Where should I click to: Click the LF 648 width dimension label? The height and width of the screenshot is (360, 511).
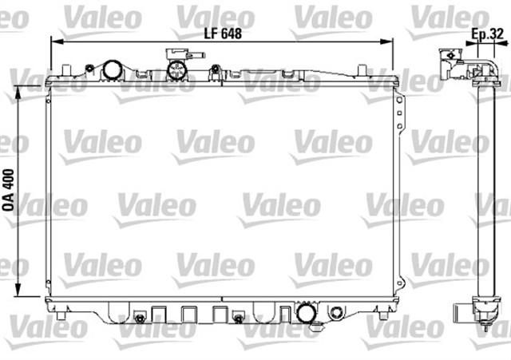click(x=222, y=33)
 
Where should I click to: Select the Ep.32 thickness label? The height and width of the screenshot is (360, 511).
click(x=487, y=34)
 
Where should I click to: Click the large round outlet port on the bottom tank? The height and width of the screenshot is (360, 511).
click(x=306, y=312)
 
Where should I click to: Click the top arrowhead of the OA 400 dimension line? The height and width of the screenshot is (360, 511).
click(x=19, y=89)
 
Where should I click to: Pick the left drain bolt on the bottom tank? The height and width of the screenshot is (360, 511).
click(x=139, y=319)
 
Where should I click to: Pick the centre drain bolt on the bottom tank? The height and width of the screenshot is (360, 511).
click(x=238, y=319)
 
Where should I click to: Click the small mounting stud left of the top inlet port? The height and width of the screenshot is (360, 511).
click(x=90, y=68)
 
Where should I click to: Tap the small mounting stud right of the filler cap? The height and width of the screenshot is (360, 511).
click(x=215, y=70)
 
